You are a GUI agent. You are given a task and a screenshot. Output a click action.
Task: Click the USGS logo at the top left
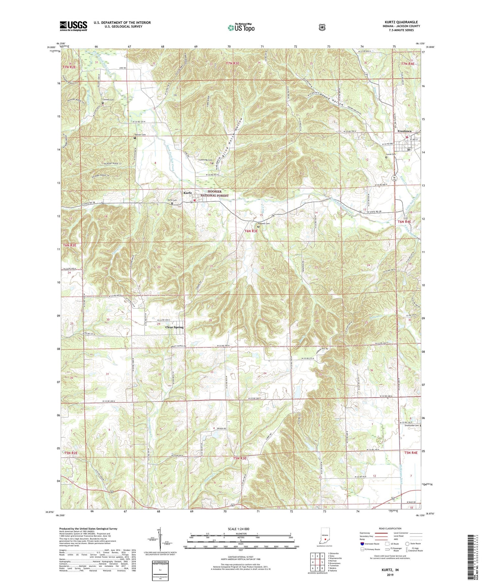click(x=73, y=26)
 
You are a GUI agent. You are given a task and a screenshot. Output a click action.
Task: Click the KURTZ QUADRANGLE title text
click(x=400, y=22)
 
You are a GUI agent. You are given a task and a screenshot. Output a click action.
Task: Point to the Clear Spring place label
click(x=174, y=327)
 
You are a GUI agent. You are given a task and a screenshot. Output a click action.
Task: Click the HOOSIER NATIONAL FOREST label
click(x=214, y=194)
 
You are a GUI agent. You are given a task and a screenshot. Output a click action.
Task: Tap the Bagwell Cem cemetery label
click(x=263, y=223)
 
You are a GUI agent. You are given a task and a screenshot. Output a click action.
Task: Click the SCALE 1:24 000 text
click(x=240, y=529)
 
